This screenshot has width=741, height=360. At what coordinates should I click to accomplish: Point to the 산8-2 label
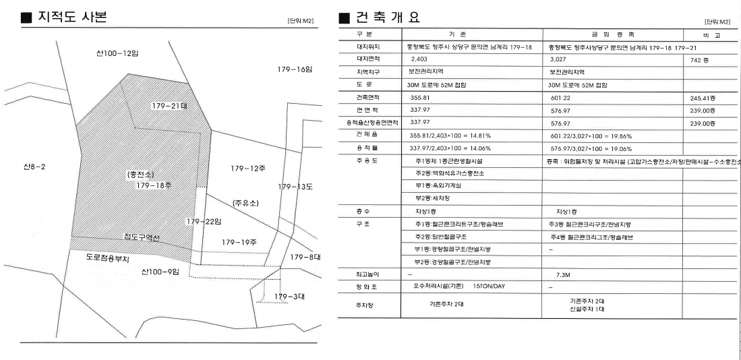(x=34, y=166)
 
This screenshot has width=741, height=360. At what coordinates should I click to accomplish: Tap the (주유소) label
(x=246, y=202)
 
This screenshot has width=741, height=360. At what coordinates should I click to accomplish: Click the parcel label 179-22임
(x=204, y=221)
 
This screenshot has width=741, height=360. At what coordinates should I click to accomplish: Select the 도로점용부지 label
(x=112, y=258)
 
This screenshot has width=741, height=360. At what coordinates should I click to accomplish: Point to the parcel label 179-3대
(x=290, y=296)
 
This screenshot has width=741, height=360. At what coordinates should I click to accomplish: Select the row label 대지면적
(x=369, y=59)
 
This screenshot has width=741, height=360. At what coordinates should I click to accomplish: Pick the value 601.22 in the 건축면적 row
(x=561, y=98)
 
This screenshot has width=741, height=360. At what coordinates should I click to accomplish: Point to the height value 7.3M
(x=564, y=274)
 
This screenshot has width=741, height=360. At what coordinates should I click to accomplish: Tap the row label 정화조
(x=369, y=286)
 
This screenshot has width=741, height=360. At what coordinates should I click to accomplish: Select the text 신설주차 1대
(x=587, y=309)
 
